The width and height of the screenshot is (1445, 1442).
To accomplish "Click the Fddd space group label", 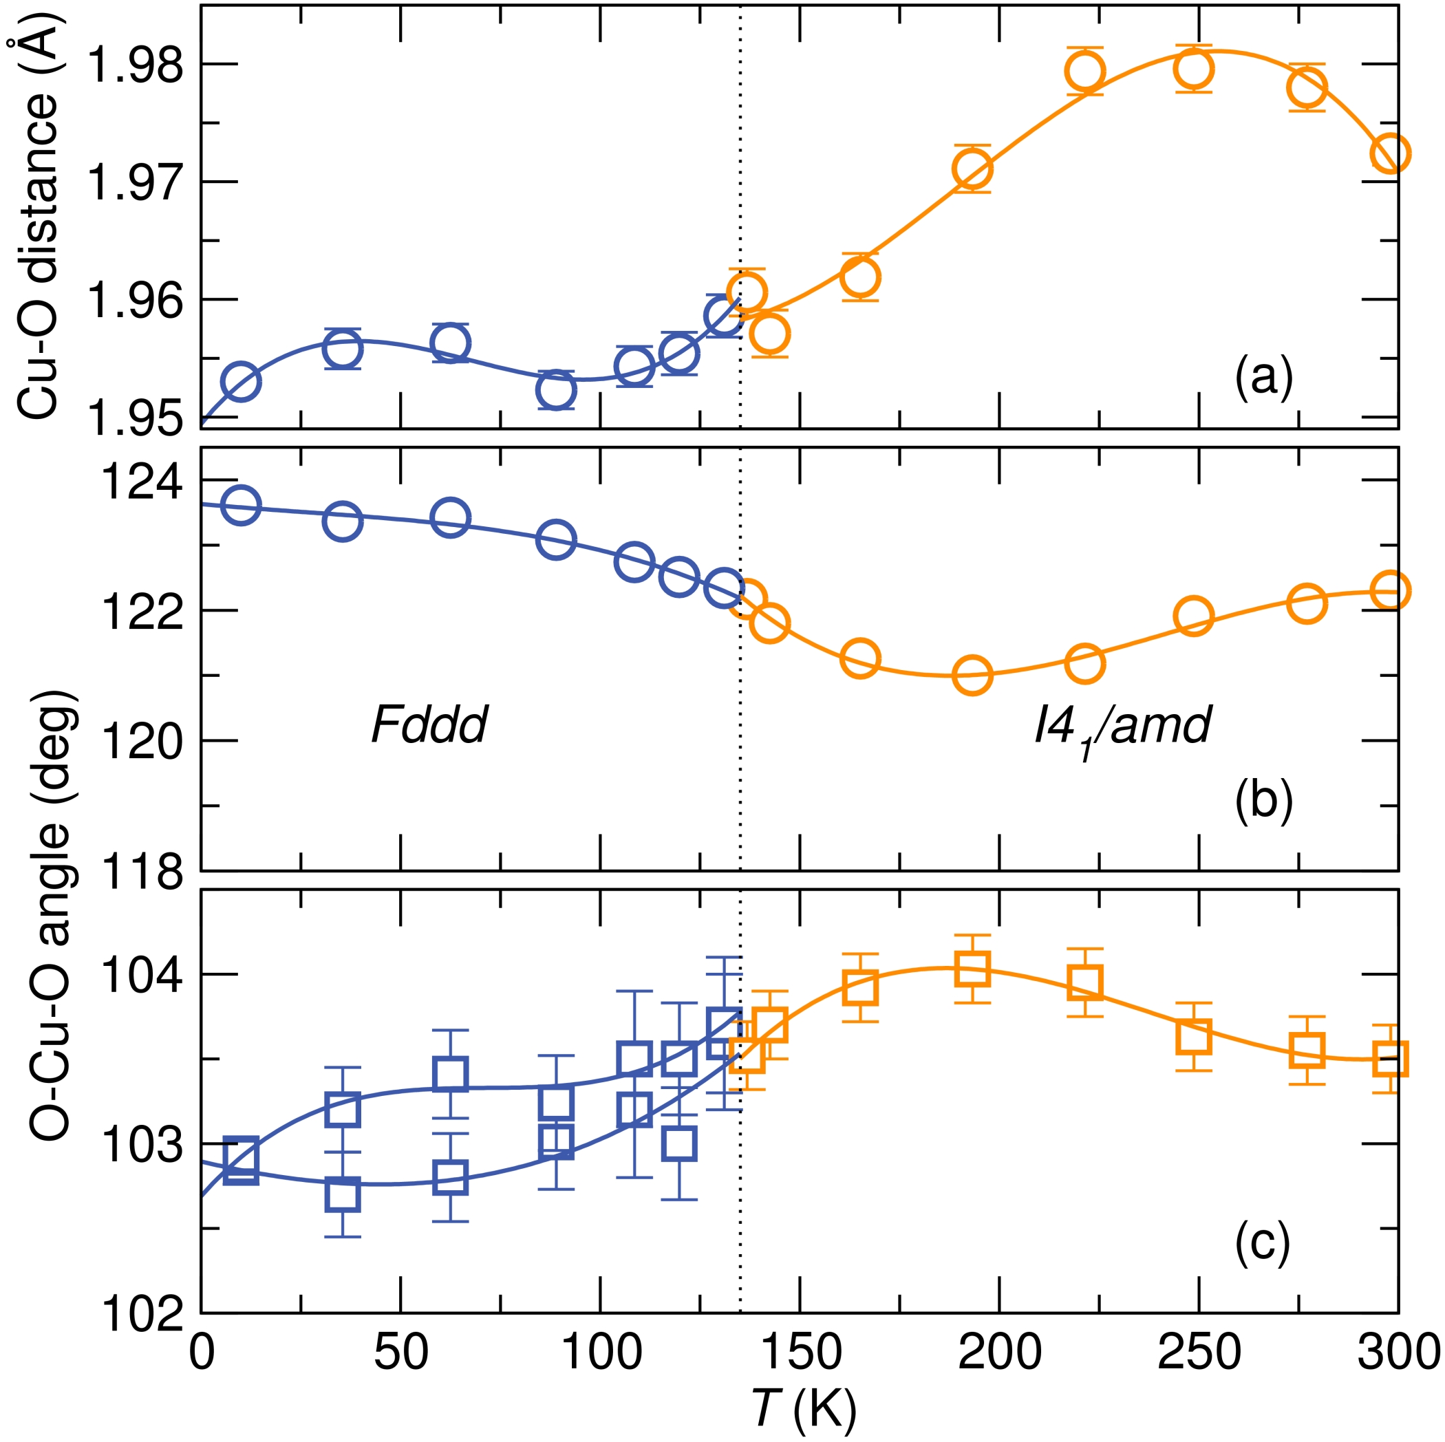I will (x=429, y=724).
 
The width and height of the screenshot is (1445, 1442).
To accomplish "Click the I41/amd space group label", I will (x=1122, y=727).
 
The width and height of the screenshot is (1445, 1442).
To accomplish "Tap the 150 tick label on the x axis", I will (x=800, y=1353).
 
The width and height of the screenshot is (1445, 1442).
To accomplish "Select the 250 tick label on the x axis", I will (x=1199, y=1353).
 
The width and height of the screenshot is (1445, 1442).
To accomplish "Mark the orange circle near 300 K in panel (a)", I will (x=1391, y=153).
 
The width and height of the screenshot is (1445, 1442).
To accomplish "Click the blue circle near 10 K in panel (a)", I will (x=241, y=381).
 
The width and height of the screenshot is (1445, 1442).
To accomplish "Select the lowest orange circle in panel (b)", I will (x=972, y=676).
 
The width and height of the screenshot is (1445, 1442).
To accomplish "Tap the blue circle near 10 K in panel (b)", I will (x=241, y=506).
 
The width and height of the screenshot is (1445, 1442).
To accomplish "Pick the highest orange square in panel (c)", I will (x=972, y=969).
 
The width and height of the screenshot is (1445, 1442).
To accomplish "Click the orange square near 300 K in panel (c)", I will (x=1391, y=1059).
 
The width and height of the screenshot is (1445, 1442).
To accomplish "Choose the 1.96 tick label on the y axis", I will (x=136, y=300).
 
